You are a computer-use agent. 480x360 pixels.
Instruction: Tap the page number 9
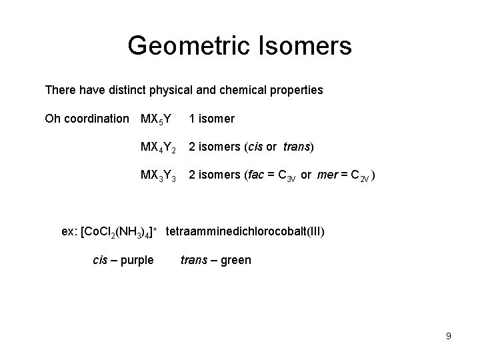tap(449, 337)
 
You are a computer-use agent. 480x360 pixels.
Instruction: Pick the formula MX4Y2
tap(158, 148)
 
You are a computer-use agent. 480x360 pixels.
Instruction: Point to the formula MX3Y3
tap(158, 177)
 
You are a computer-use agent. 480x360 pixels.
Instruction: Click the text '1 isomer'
tap(211, 119)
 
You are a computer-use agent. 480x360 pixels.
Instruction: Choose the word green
tap(235, 260)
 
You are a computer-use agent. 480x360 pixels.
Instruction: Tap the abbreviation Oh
tap(52, 119)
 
